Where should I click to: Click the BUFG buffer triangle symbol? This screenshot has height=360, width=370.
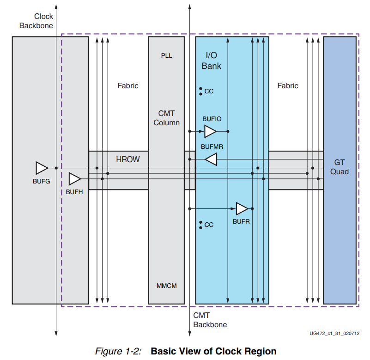pos(42,168)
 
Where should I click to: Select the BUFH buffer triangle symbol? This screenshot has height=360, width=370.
pos(74,178)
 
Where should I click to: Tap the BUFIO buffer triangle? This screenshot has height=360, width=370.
pos(210,132)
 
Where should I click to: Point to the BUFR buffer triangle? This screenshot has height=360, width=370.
pos(242,208)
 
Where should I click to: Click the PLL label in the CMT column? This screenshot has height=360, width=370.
pos(166,55)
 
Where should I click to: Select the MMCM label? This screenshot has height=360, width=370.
pos(166,286)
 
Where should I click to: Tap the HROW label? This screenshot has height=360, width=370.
pos(127,159)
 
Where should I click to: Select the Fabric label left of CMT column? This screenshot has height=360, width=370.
pos(127,85)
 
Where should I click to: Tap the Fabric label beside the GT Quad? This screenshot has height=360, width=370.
pos(288,85)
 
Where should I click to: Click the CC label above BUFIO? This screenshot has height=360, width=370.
pos(208,92)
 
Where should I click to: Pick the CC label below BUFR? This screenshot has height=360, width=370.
pos(208,225)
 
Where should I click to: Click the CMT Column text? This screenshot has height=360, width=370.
pos(166,118)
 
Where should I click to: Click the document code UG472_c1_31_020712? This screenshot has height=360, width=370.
pos(335,333)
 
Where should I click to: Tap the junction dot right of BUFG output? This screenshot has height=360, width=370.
pos(56,168)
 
